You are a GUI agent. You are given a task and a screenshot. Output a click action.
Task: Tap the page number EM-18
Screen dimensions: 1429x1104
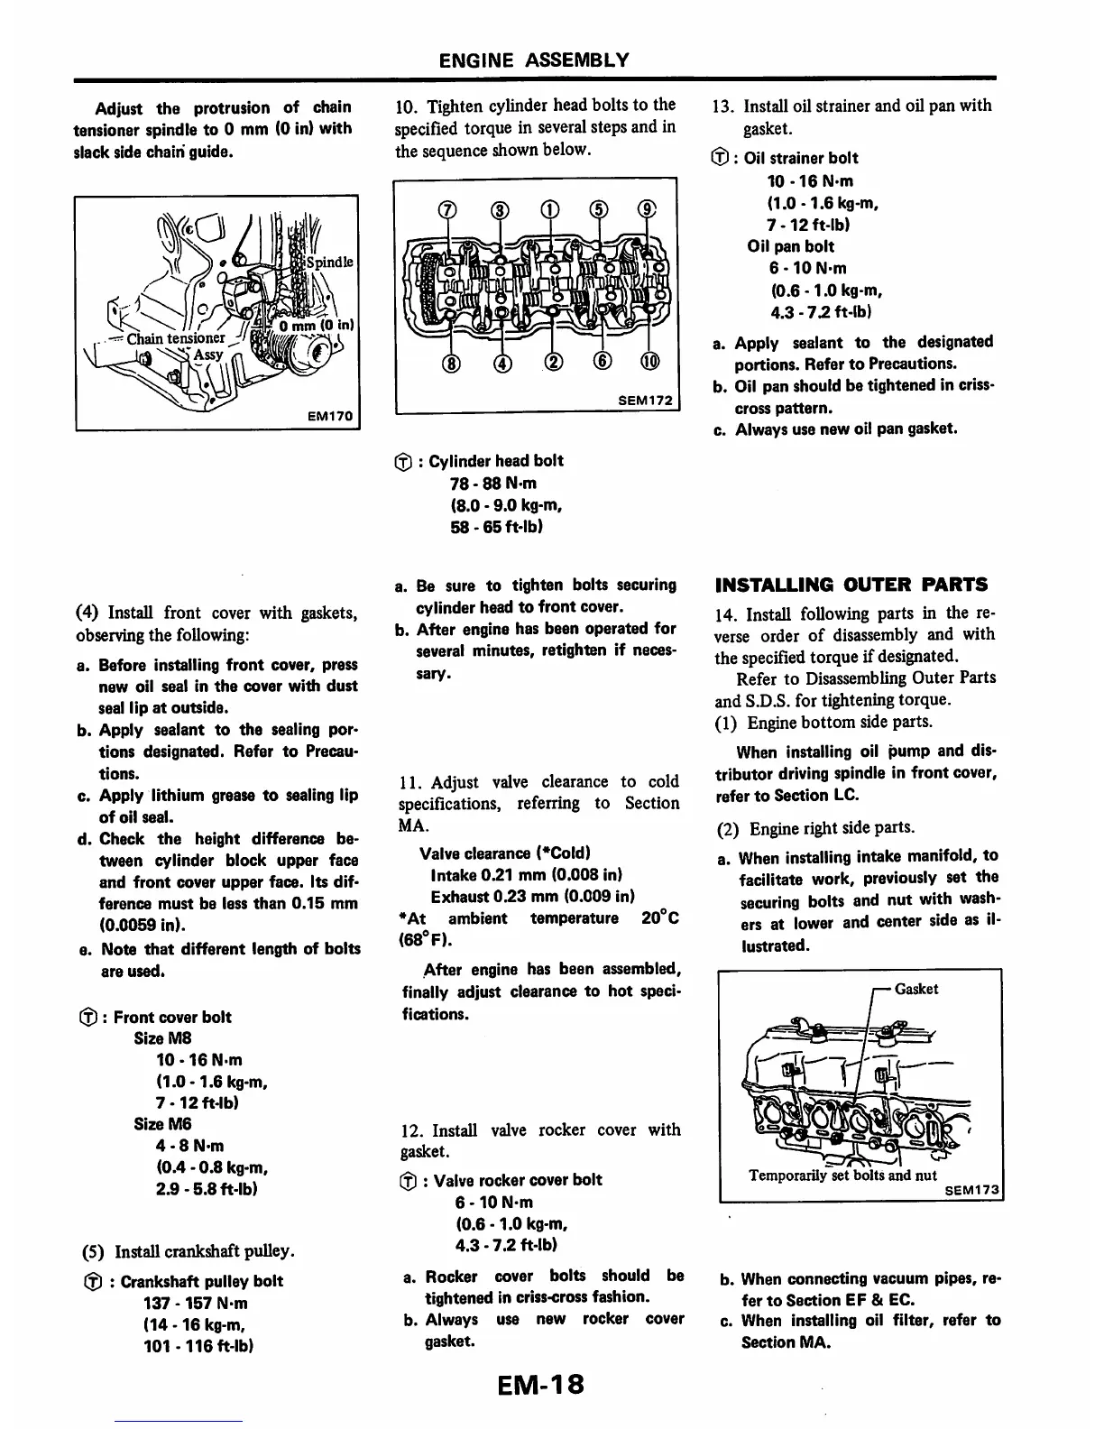pyautogui.click(x=539, y=1384)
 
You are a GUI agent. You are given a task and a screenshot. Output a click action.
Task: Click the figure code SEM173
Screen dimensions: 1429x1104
pyautogui.click(x=972, y=1190)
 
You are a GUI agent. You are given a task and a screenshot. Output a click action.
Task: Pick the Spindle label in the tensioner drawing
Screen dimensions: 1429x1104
pyautogui.click(x=329, y=263)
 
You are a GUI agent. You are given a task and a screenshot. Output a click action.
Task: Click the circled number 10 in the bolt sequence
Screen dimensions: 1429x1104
pyautogui.click(x=649, y=364)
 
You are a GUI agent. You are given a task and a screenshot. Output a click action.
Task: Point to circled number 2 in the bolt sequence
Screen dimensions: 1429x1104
pyautogui.click(x=549, y=364)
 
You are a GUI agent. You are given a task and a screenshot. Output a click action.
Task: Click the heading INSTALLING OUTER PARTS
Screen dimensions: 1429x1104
pyautogui.click(x=851, y=584)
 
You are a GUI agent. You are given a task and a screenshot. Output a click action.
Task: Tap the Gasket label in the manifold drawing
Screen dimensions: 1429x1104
pyautogui.click(x=916, y=989)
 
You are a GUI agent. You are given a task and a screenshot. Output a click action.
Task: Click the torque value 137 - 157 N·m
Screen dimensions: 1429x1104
pyautogui.click(x=196, y=1303)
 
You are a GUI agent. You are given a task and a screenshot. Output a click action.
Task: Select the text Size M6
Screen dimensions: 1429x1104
pyautogui.click(x=162, y=1124)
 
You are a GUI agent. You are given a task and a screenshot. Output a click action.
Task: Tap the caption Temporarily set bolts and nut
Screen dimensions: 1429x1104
pyautogui.click(x=842, y=1175)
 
